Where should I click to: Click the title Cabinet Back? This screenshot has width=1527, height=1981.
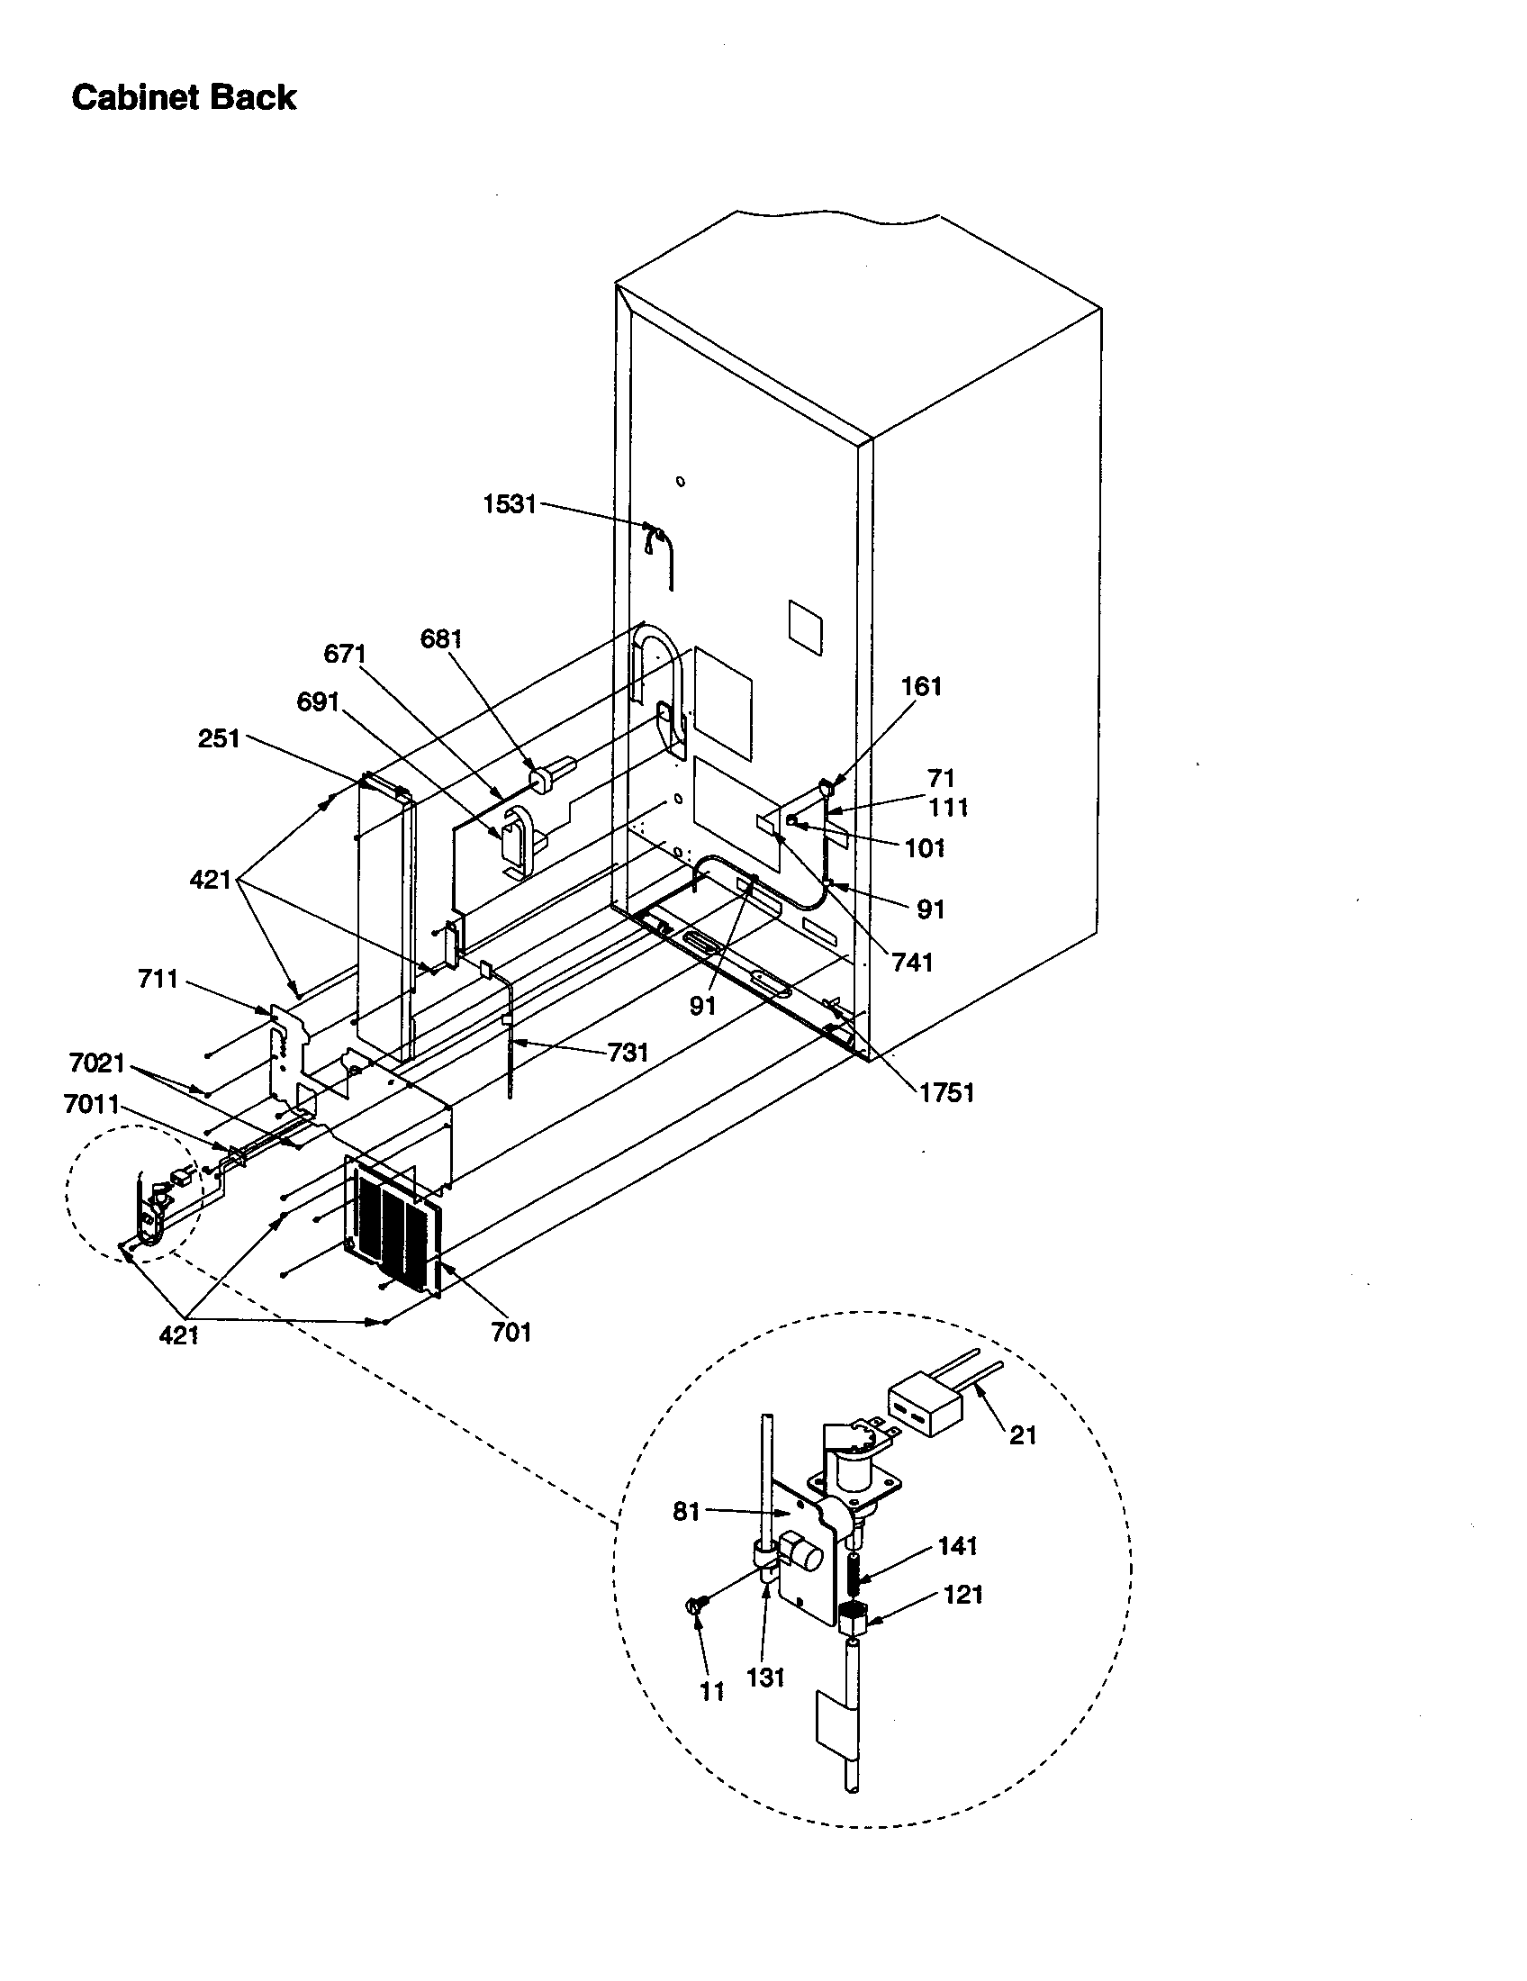[183, 97]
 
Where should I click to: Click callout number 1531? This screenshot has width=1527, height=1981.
[510, 504]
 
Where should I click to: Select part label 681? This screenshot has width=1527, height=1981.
[441, 638]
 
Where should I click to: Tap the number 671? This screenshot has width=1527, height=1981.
[345, 653]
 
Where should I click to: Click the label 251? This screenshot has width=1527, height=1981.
[219, 738]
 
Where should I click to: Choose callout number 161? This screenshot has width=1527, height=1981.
[921, 687]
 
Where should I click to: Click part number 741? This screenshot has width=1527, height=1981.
[912, 963]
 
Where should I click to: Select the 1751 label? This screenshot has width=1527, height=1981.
[946, 1093]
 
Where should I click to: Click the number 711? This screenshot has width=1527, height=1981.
[158, 979]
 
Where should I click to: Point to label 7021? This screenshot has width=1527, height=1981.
[96, 1063]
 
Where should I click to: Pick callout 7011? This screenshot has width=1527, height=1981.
[92, 1104]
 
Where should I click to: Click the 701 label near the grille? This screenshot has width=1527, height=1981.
[511, 1333]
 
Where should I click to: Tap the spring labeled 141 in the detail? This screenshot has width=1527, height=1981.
[854, 1577]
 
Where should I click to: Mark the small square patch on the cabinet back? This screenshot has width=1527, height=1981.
[806, 626]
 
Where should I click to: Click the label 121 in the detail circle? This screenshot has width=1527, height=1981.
[963, 1595]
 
